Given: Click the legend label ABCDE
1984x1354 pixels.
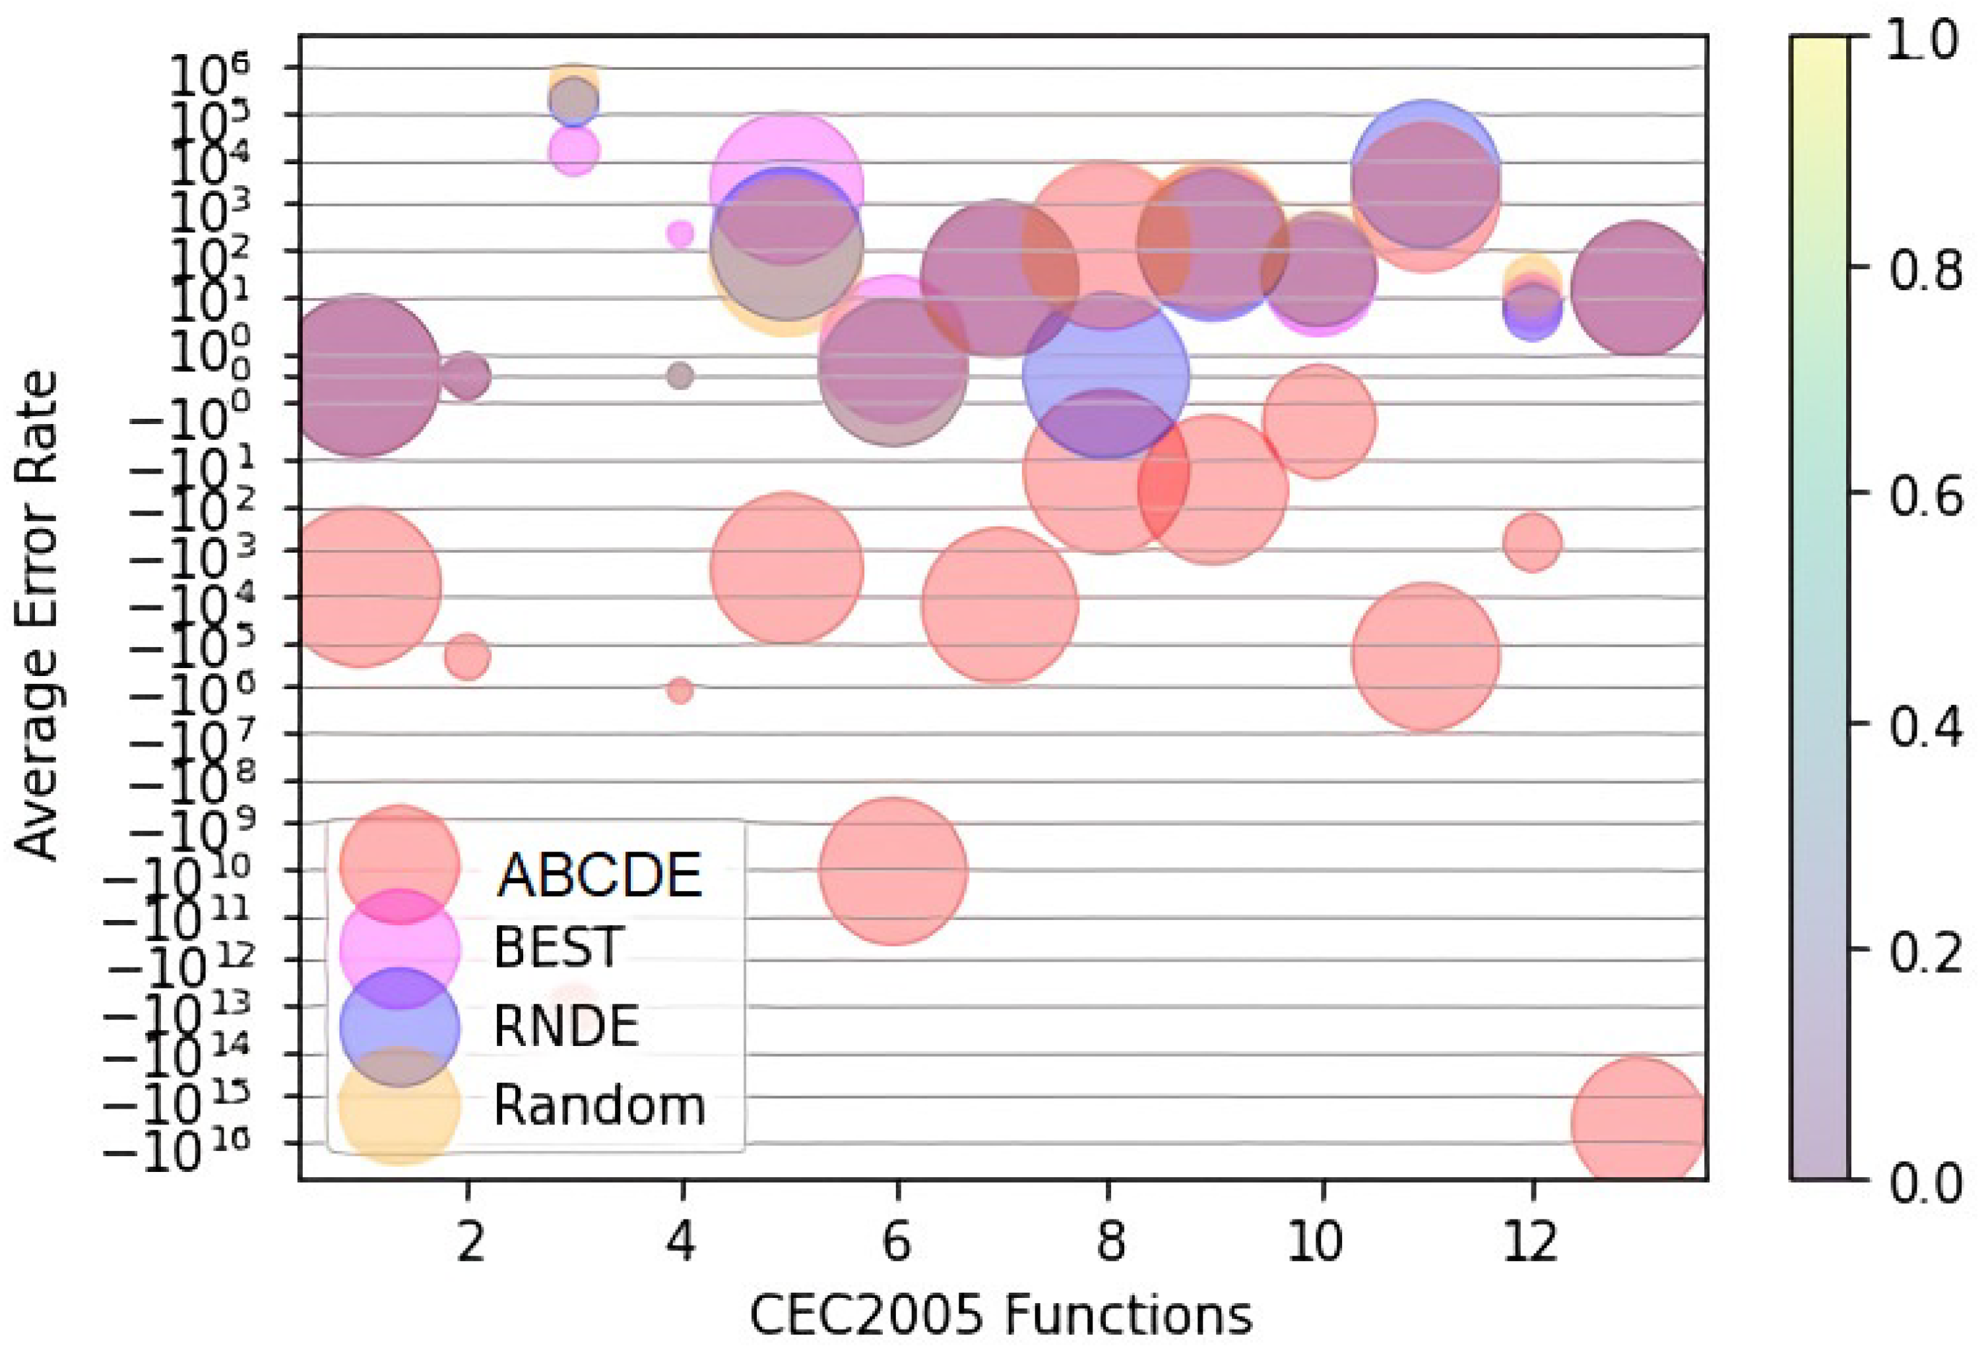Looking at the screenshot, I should point(599,875).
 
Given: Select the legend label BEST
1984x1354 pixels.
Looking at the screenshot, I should point(558,947).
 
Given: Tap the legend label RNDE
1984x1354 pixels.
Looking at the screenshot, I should point(566,1026).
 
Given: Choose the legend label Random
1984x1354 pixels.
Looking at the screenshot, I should point(599,1106).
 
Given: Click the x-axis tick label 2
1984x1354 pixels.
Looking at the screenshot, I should point(468,1243).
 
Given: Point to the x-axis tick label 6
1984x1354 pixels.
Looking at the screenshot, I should point(895,1243).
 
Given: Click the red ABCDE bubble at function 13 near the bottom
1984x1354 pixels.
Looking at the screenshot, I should point(1638,1123).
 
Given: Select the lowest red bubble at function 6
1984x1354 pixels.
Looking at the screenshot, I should point(893,871).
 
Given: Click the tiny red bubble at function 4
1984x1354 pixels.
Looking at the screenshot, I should point(680,691).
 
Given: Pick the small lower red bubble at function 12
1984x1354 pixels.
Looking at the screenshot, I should point(1533,541).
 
